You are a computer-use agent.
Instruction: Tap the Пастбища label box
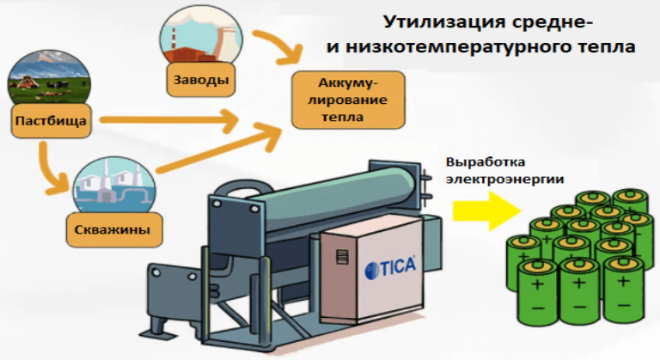(52, 121)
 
